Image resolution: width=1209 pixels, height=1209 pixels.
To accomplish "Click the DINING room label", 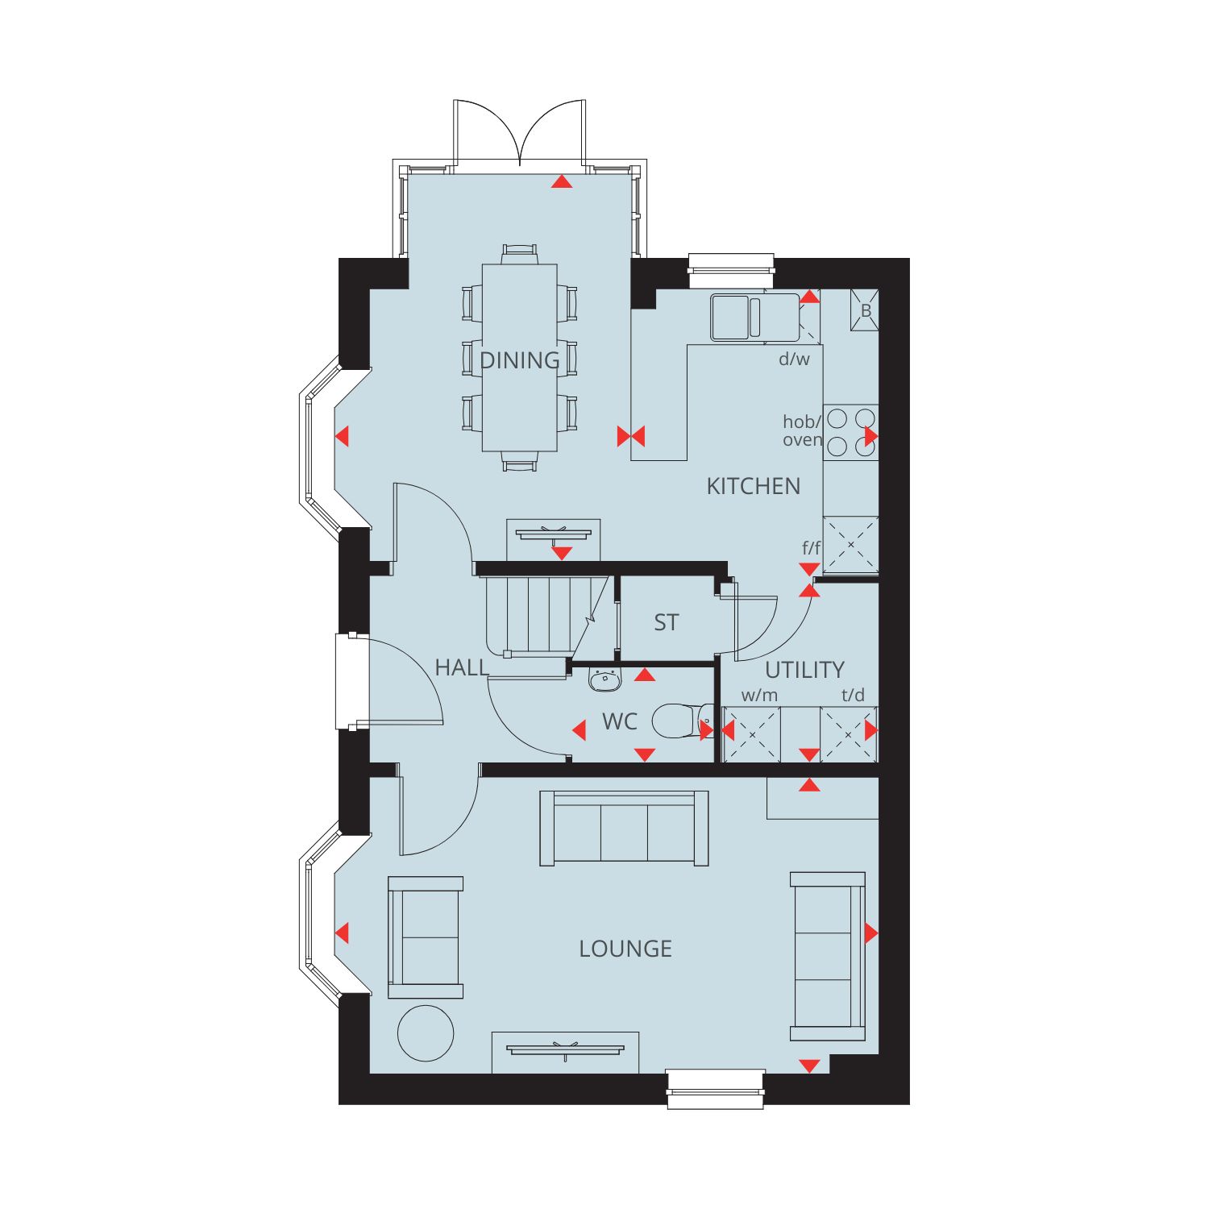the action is (519, 360).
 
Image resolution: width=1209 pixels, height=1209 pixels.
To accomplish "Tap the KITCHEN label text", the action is (754, 486).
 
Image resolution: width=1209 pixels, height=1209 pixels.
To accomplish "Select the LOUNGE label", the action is (625, 949).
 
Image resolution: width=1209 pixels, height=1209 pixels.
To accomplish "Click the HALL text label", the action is (462, 667).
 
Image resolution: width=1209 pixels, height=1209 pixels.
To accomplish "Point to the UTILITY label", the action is (804, 670).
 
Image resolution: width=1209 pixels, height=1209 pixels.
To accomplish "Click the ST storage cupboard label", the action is (667, 622).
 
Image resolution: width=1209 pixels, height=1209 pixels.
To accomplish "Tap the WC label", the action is (620, 721).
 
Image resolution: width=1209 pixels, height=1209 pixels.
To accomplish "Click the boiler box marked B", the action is (865, 310).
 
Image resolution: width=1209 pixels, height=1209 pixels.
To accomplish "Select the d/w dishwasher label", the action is (794, 359).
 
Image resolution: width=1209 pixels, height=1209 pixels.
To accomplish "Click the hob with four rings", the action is (851, 432).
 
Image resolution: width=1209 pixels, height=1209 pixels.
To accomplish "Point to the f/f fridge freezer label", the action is (811, 548).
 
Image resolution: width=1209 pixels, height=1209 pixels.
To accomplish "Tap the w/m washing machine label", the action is (760, 695).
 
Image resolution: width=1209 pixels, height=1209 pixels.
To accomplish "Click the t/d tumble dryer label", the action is (853, 695).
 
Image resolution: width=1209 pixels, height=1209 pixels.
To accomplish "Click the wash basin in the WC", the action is (604, 681).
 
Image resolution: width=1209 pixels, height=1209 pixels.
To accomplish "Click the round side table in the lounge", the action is (426, 1033).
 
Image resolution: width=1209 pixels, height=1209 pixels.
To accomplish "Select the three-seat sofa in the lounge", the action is (624, 829).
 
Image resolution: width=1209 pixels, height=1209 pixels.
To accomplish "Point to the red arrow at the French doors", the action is (562, 182).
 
